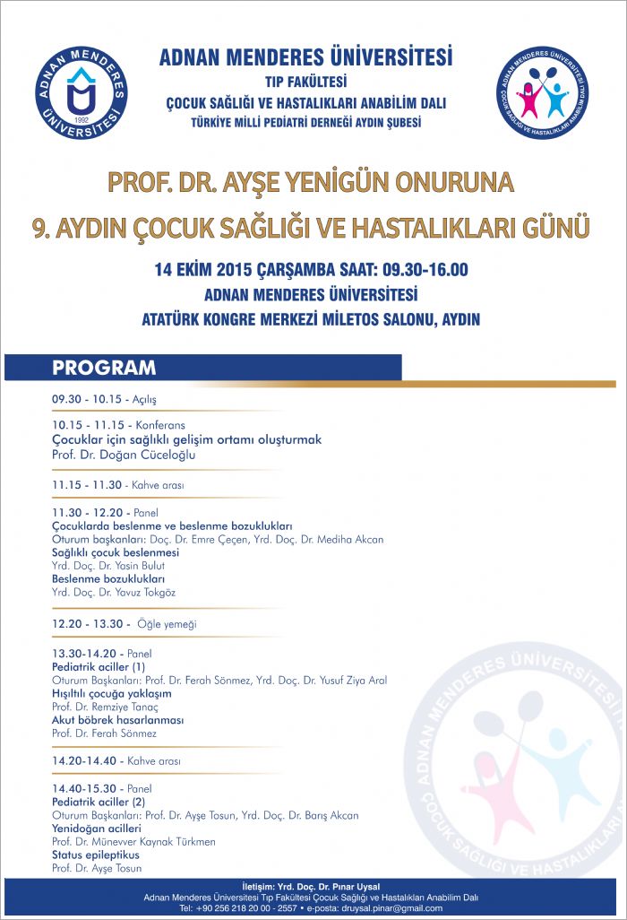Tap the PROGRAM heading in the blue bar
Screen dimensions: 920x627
(104, 368)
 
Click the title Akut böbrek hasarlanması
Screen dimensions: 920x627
(117, 720)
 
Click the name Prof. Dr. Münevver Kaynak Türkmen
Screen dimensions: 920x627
(133, 842)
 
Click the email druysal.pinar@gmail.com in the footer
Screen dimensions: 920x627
(389, 908)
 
